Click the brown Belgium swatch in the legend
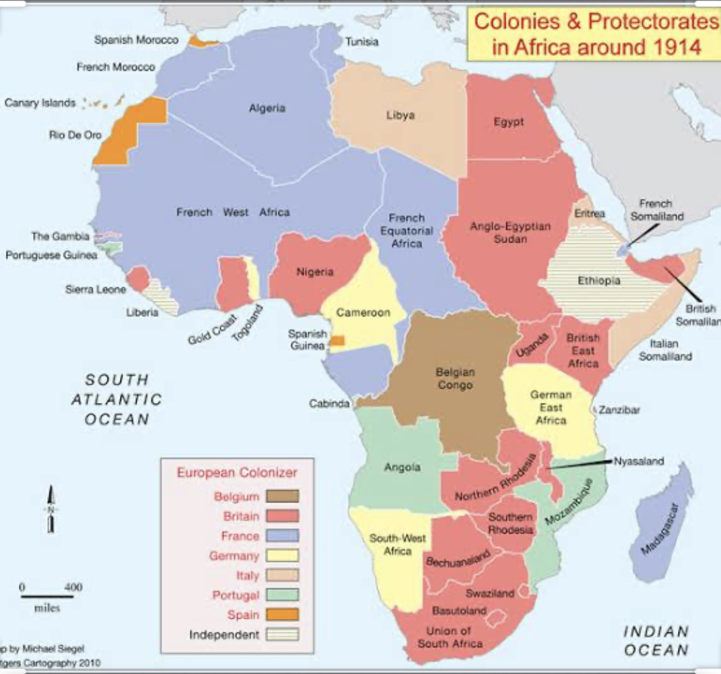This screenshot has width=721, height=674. point(281,497)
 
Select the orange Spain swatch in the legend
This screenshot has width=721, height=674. point(281,615)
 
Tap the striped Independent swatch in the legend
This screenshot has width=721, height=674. point(281,634)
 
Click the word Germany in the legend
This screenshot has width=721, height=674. point(234,556)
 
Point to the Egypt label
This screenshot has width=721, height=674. point(508,122)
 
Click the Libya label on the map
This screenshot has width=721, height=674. point(401,115)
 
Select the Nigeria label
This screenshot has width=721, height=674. point(315,272)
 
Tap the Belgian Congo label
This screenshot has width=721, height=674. point(455,378)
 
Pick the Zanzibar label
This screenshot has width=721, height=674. point(619,410)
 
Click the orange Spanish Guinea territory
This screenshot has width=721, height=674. point(337,341)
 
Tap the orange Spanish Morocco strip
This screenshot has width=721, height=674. point(203,42)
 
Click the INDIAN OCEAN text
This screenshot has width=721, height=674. point(656,640)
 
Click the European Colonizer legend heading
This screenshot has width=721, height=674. point(236,472)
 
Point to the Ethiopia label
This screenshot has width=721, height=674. point(598,280)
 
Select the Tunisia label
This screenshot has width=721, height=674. point(362,42)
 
